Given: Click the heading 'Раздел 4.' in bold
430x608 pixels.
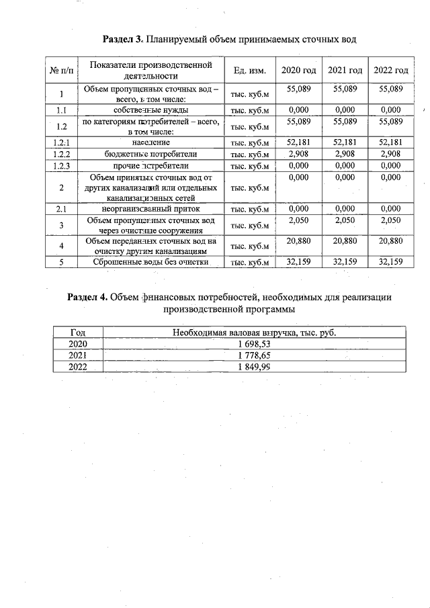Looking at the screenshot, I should pyautogui.click(x=87, y=297).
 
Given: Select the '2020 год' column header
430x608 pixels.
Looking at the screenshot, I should pyautogui.click(x=298, y=71).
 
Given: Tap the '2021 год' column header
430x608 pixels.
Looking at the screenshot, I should pyautogui.click(x=345, y=71).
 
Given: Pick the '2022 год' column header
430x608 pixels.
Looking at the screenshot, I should pyautogui.click(x=390, y=71).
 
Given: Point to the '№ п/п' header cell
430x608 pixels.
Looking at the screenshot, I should pyautogui.click(x=61, y=71).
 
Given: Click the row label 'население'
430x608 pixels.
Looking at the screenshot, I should pyautogui.click(x=151, y=142).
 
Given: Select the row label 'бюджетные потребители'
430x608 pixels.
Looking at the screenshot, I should pyautogui.click(x=151, y=154).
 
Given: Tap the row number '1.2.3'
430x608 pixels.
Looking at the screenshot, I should pyautogui.click(x=61, y=165).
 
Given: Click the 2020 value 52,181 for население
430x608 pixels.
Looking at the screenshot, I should pyautogui.click(x=298, y=142).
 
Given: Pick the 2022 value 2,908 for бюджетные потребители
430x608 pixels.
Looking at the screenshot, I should pyautogui.click(x=390, y=153).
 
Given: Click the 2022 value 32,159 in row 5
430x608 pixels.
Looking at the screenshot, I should pyautogui.click(x=390, y=262).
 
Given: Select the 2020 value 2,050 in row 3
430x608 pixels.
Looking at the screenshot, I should pyautogui.click(x=298, y=220).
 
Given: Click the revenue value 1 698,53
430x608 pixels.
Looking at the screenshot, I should pyautogui.click(x=254, y=343).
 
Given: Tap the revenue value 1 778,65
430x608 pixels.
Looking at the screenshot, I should pyautogui.click(x=254, y=355).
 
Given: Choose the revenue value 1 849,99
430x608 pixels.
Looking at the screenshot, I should pyautogui.click(x=254, y=366).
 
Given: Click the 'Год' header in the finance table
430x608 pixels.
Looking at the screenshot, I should pyautogui.click(x=78, y=332).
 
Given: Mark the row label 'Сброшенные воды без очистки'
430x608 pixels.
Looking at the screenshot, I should pyautogui.click(x=151, y=263).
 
